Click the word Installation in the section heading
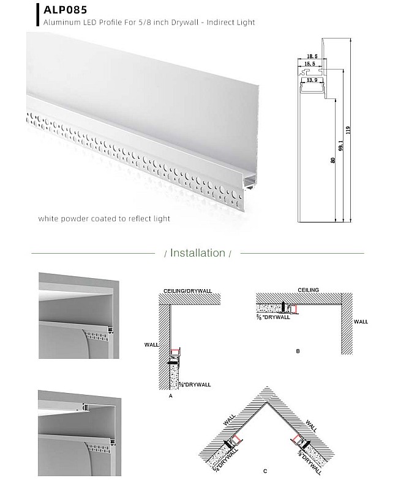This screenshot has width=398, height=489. pos(197,252)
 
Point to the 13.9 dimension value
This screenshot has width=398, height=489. pos(312,80)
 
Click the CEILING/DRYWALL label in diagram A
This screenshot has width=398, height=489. pos(192,290)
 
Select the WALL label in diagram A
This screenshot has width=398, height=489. pos(151,345)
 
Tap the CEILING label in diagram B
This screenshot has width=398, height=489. pos(308,290)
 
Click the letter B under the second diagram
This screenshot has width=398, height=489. pos(298,351)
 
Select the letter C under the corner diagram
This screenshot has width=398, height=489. pos(265,471)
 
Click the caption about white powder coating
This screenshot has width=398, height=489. pos(104,218)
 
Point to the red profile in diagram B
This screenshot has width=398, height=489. pos(294,309)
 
